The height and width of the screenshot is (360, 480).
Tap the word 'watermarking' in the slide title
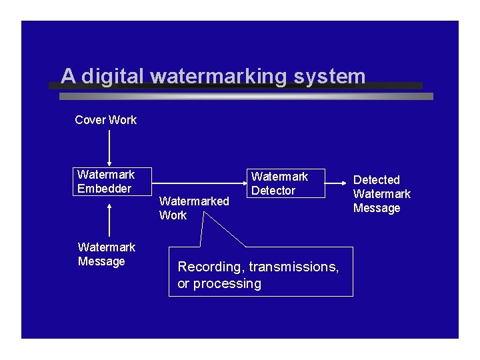tap(216, 76)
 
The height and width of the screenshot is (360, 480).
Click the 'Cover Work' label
tap(105, 120)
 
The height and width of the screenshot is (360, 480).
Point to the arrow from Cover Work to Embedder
tap(109, 148)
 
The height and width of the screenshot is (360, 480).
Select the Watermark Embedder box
tap(113, 181)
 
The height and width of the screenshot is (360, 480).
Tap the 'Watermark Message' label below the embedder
tap(106, 254)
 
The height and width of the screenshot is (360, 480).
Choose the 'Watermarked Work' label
tap(193, 208)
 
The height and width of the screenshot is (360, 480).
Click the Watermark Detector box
tap(287, 183)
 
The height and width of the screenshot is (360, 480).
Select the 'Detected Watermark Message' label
tap(381, 194)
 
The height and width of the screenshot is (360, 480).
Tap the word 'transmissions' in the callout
tap(295, 267)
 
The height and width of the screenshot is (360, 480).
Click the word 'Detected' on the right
tap(376, 180)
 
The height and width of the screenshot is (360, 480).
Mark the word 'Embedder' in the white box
tap(105, 189)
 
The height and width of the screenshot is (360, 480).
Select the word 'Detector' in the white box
tap(273, 191)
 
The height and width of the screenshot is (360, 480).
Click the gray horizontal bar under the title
tap(246, 97)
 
